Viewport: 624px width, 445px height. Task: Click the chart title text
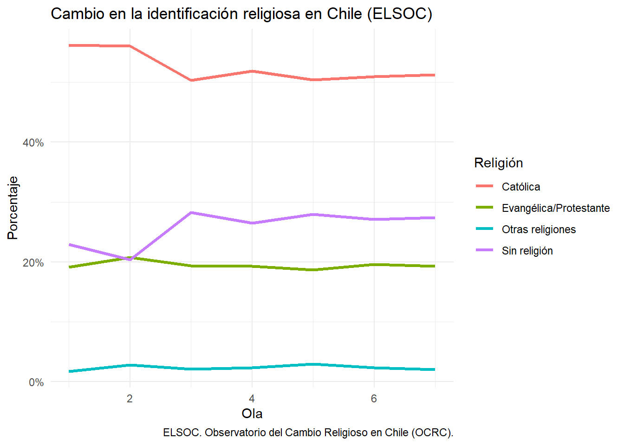(x=241, y=14)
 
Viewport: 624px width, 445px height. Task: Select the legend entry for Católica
(x=521, y=187)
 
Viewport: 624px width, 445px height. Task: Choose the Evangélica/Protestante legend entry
(x=556, y=208)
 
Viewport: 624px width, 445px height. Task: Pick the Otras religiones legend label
(x=539, y=229)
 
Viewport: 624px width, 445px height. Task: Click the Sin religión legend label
(x=527, y=251)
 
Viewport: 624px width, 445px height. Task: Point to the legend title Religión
(x=499, y=163)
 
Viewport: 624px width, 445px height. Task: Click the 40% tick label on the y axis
(x=33, y=143)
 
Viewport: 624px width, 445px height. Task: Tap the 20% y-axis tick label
(x=33, y=263)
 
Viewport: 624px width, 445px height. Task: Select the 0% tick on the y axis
(x=36, y=382)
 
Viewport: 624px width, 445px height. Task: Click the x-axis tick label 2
(x=130, y=399)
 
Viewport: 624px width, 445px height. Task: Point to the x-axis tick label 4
(x=252, y=399)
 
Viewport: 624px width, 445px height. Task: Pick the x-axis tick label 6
(x=374, y=399)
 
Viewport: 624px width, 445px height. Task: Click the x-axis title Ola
(x=252, y=413)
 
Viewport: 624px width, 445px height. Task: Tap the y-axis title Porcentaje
(x=13, y=208)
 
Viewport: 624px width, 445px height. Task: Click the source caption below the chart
(x=308, y=432)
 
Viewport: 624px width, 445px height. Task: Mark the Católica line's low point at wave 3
(x=191, y=80)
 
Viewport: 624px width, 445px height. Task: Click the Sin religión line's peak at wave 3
(x=191, y=213)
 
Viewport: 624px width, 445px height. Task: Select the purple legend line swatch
(x=484, y=250)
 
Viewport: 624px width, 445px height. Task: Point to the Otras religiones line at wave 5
(x=313, y=364)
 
